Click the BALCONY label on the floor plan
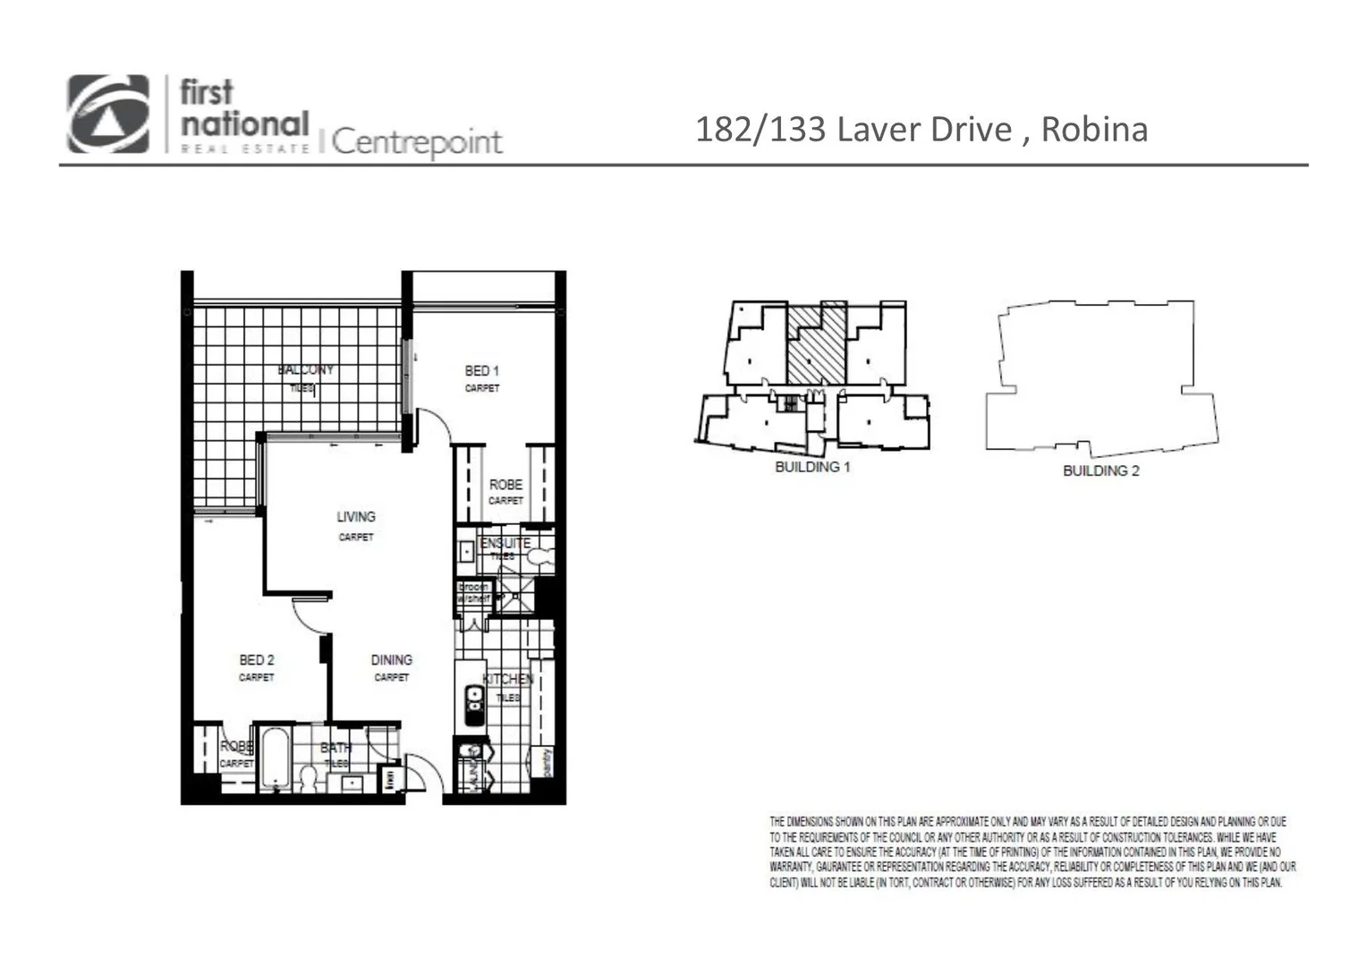coord(305,369)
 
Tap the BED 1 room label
coord(481,370)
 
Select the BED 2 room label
coord(257,659)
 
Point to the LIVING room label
coord(355,516)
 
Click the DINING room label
coord(391,659)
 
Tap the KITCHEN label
coord(507,679)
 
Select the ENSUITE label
coord(505,543)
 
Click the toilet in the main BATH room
coord(308,777)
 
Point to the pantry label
coord(546,762)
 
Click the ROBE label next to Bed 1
coord(505,484)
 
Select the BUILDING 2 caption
coord(1100,470)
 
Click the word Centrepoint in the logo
coord(417,141)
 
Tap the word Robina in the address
coord(1093,130)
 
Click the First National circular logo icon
coord(108,114)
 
